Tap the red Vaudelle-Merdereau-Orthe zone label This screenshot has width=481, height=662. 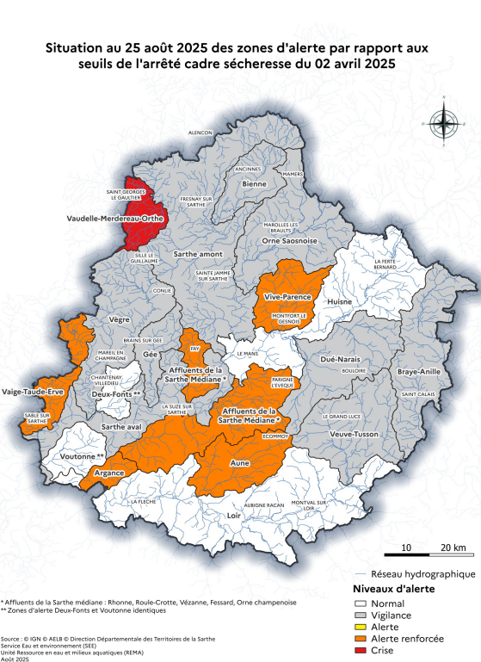click(x=115, y=219)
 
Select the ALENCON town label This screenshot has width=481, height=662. click(x=200, y=133)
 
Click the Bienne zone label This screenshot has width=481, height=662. click(x=254, y=183)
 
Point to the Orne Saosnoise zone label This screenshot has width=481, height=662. click(x=289, y=241)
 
